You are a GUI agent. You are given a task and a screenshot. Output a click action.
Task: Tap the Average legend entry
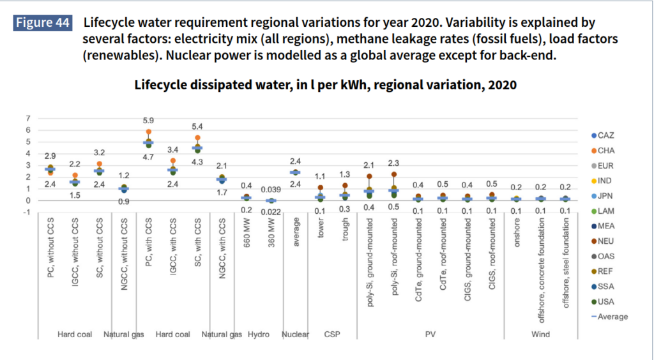click(609, 317)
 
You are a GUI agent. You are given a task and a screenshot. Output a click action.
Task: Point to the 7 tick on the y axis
click(27, 119)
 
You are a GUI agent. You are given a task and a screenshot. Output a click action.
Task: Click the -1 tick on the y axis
click(26, 213)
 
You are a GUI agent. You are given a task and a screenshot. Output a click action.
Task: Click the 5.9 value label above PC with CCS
click(148, 120)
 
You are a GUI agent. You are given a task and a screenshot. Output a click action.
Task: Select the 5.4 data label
click(197, 126)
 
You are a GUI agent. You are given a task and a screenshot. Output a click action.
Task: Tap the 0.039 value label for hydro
click(270, 190)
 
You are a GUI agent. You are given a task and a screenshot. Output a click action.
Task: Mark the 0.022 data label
click(270, 211)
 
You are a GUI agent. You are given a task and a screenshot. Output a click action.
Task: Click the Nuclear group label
click(295, 334)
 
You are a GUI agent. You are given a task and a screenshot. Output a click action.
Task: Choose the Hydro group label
click(259, 334)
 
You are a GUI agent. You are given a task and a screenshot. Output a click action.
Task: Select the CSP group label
click(332, 334)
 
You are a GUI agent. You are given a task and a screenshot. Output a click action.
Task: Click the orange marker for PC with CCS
click(148, 131)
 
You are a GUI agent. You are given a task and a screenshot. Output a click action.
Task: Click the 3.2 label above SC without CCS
click(99, 153)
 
